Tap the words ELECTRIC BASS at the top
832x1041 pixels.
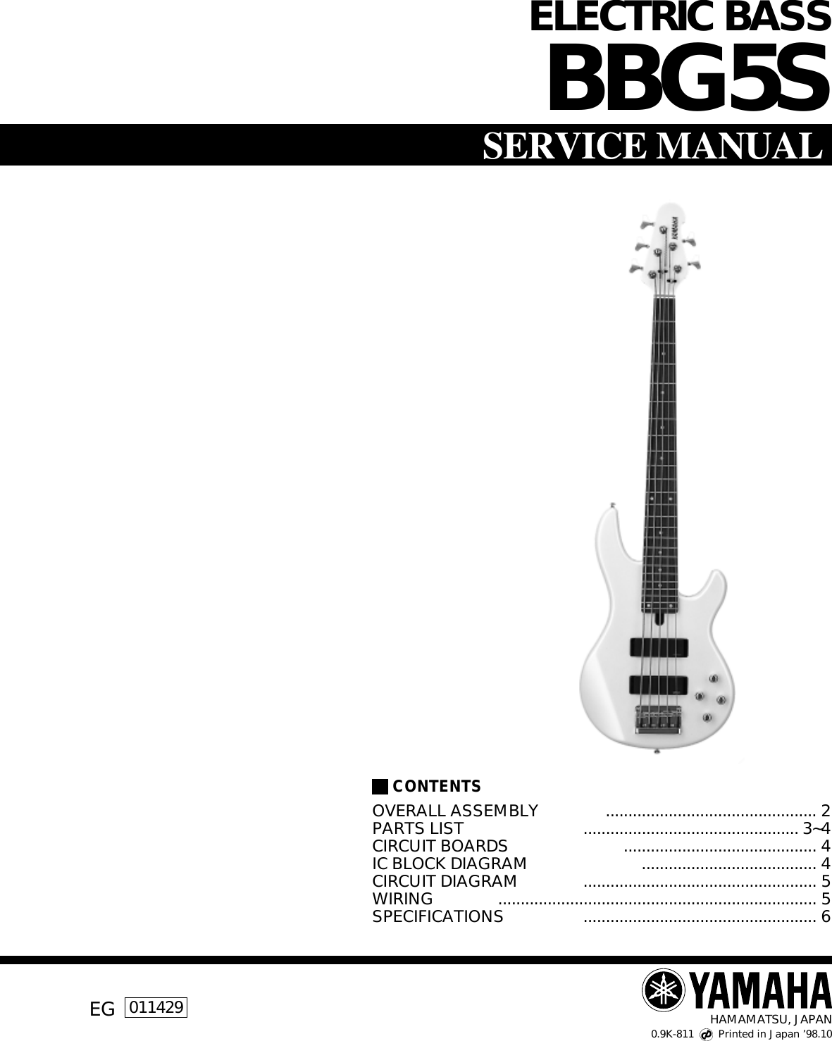[680, 18]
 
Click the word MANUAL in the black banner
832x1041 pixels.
[736, 146]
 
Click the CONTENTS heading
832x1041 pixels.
[437, 786]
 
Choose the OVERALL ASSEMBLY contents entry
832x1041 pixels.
[455, 810]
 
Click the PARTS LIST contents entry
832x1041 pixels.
[418, 828]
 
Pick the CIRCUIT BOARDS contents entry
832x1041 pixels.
[440, 845]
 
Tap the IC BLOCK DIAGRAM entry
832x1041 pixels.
[449, 864]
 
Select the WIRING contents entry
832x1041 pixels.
[402, 899]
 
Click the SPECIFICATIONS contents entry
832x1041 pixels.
[437, 916]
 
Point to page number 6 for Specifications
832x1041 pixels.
[826, 916]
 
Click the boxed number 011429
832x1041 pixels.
[156, 1007]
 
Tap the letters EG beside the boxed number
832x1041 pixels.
[102, 1009]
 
